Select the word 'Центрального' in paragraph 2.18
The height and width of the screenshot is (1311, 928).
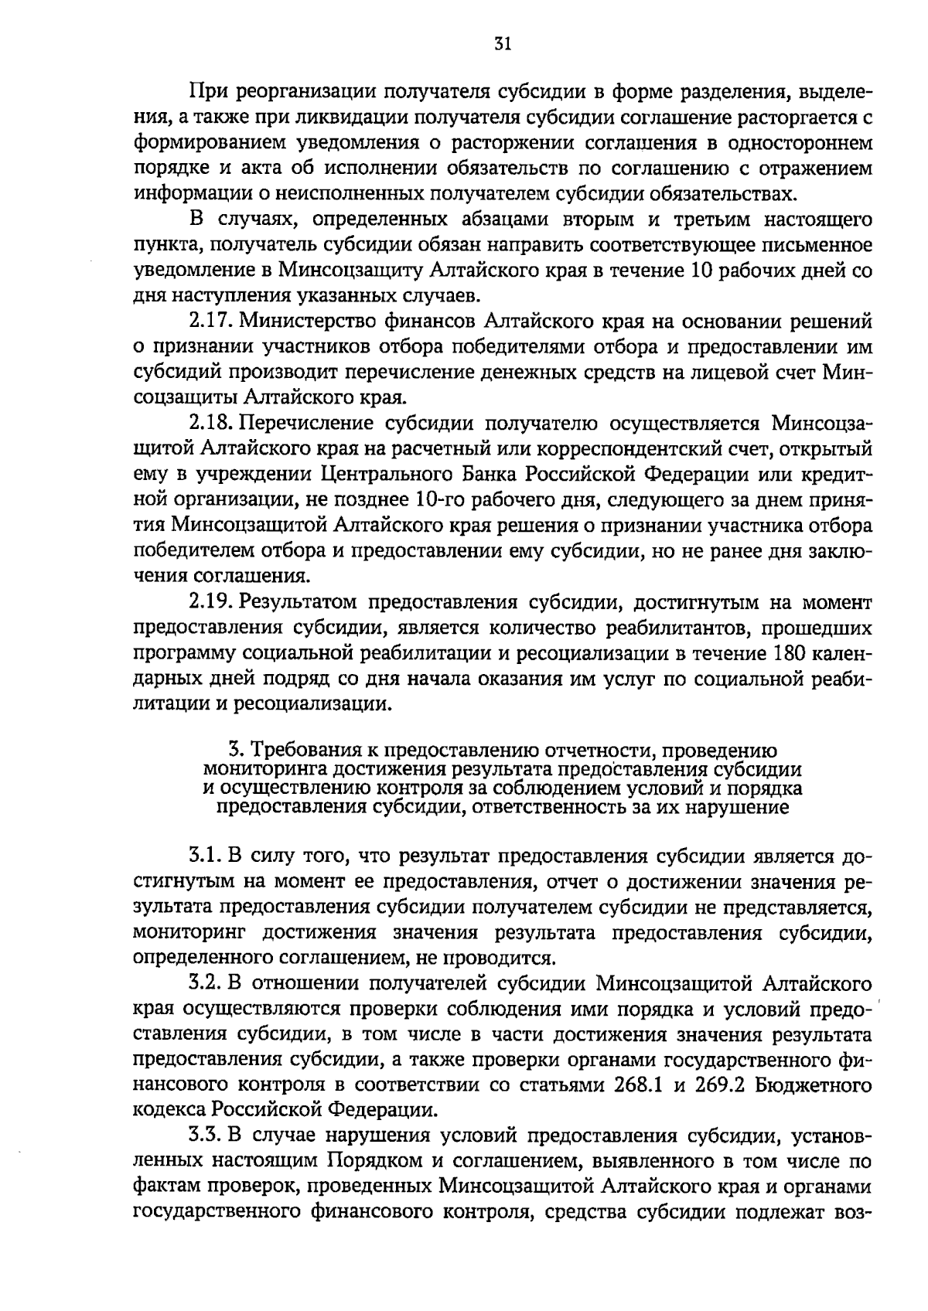[x=381, y=474]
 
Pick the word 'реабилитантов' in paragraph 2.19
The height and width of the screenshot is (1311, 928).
[x=674, y=627]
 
